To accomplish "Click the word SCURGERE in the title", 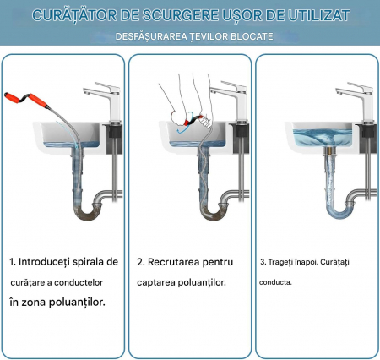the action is pos(180,15).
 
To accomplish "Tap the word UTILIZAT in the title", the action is pos(319,15).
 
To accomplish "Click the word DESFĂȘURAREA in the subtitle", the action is pos(151,36).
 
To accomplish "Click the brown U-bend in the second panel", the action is pos(214,212).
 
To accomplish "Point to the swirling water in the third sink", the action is pos(322,138).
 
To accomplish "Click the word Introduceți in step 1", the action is pos(44,262).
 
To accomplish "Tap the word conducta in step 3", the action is pos(275,282).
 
